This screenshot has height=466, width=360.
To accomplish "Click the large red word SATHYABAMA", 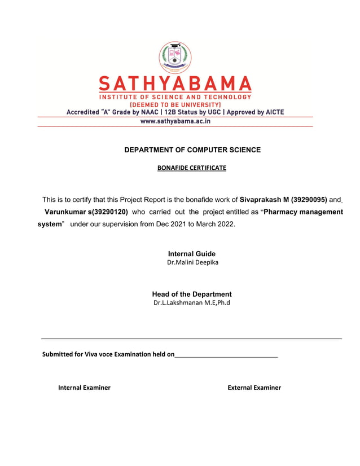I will pyautogui.click(x=175, y=85).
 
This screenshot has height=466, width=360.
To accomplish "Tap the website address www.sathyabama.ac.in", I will pyautogui.click(x=175, y=121).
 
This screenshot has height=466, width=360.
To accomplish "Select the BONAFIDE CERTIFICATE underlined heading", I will pyautogui.click(x=191, y=168).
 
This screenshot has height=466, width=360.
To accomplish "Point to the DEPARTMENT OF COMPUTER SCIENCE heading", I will pyautogui.click(x=192, y=150).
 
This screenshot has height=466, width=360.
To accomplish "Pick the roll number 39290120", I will pyautogui.click(x=109, y=212).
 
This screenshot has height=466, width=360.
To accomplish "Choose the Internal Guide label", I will pyautogui.click(x=192, y=254).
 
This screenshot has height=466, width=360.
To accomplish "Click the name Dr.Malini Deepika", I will pyautogui.click(x=192, y=262).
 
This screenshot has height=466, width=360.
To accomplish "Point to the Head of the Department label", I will pyautogui.click(x=192, y=294).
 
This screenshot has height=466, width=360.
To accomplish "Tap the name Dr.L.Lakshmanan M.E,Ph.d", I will pyautogui.click(x=192, y=303).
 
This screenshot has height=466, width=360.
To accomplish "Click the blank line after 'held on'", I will pyautogui.click(x=226, y=355).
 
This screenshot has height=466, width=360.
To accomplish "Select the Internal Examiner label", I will pyautogui.click(x=84, y=388).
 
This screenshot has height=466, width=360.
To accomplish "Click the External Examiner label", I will pyautogui.click(x=254, y=388).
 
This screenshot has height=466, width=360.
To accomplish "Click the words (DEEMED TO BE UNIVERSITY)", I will pyautogui.click(x=175, y=104).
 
